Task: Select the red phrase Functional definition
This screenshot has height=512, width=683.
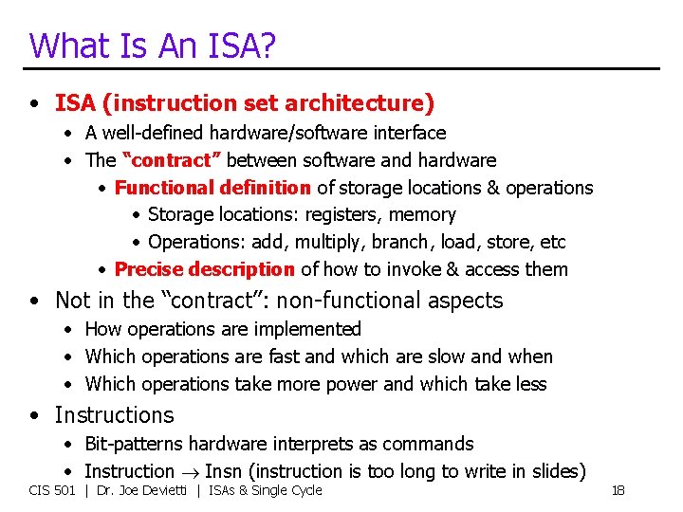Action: tap(212, 188)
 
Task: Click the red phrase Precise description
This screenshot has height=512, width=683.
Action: tap(204, 269)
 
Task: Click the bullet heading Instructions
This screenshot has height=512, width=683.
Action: tap(114, 415)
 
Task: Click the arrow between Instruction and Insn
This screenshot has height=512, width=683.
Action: tap(190, 472)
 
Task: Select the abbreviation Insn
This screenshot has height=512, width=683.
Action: tap(223, 471)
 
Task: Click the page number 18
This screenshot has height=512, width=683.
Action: tap(618, 490)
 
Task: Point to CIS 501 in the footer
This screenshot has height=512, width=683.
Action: tap(52, 490)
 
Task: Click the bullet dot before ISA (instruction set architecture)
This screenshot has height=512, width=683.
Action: tap(35, 103)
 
